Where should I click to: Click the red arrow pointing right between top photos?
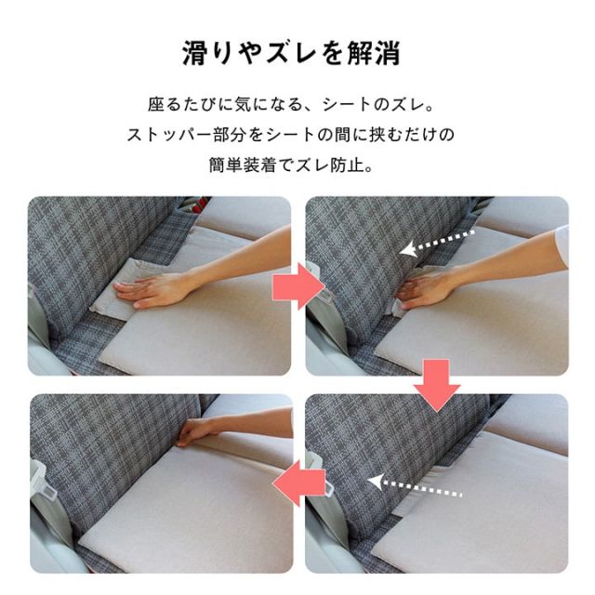click(297, 286)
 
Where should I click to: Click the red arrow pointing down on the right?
click(437, 385)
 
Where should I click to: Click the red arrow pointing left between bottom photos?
click(299, 483)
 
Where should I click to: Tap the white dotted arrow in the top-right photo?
click(436, 242)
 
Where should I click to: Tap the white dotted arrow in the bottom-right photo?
click(415, 486)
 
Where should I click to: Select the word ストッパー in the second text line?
click(169, 135)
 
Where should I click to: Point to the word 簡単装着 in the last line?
click(242, 165)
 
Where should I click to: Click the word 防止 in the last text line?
click(346, 165)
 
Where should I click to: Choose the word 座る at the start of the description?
click(165, 105)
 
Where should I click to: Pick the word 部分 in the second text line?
click(230, 135)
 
